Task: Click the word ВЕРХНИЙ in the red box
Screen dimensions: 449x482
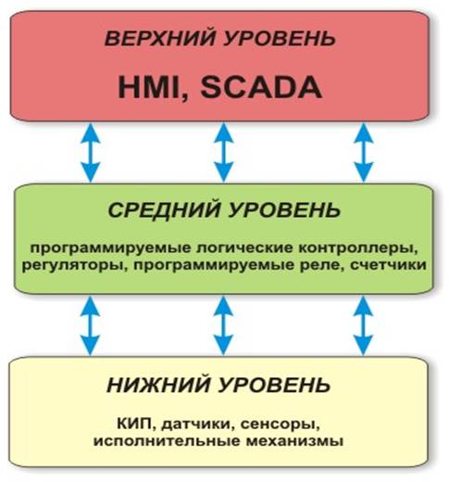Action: click(x=160, y=39)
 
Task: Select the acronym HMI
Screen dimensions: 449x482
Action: click(x=149, y=87)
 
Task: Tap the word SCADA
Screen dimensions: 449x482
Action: click(x=261, y=87)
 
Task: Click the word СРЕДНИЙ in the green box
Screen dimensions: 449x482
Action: click(x=165, y=210)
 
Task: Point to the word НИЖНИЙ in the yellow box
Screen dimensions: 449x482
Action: click(x=159, y=385)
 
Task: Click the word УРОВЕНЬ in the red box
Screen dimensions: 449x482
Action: click(x=280, y=39)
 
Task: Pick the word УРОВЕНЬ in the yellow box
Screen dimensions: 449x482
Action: click(x=275, y=385)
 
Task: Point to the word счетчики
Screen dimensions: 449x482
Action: click(x=389, y=265)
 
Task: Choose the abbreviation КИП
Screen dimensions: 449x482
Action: click(x=136, y=424)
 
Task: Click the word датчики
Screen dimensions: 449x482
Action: click(x=196, y=424)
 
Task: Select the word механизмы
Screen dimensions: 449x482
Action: click(x=294, y=441)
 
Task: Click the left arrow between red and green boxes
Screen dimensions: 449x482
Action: click(x=90, y=152)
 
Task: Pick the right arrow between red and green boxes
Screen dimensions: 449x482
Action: click(x=364, y=152)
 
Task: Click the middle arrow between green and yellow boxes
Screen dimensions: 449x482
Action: click(x=223, y=325)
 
